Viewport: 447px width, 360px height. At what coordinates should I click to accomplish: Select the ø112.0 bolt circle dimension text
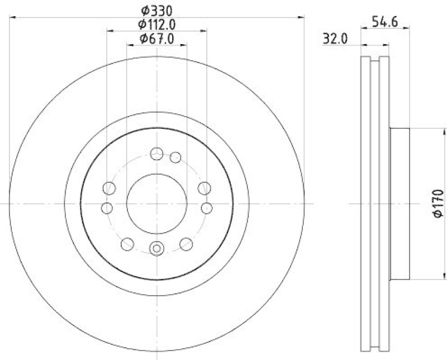point(157,24)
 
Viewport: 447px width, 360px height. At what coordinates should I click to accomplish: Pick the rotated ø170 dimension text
point(438,204)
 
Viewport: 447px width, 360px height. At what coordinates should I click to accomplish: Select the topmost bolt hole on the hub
point(157,153)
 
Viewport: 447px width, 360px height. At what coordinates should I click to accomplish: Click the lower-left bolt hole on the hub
point(128,243)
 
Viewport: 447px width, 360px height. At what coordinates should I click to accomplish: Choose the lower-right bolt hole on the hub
point(186,243)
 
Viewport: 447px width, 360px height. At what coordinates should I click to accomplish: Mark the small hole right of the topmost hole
point(175,157)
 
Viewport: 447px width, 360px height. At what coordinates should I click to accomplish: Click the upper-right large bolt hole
point(205,188)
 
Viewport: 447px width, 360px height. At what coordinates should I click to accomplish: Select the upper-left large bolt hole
point(110,188)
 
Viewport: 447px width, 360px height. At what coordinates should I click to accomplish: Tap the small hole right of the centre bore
point(206,208)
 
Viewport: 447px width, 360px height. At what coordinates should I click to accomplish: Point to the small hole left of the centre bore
point(107,208)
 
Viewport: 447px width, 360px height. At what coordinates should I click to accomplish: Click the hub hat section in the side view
point(400,204)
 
